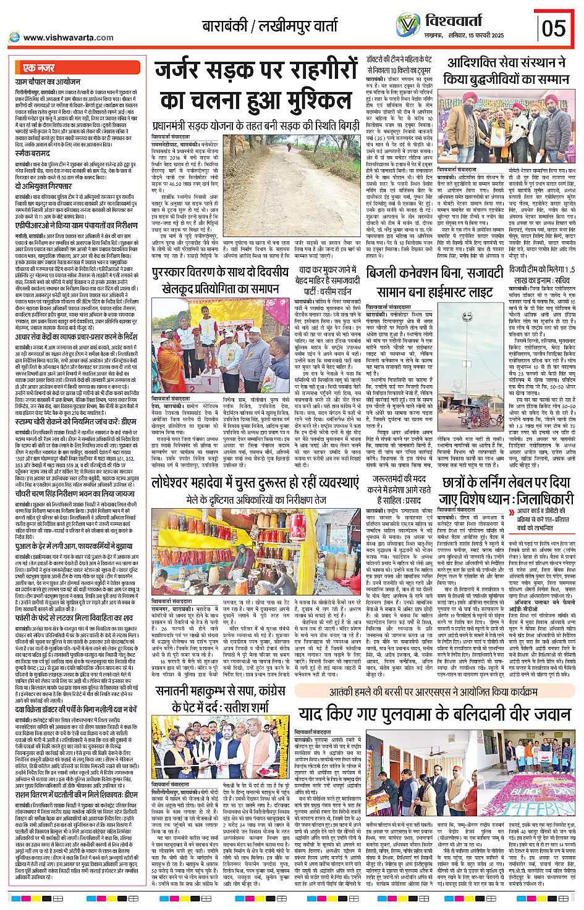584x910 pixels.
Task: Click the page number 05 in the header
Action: coord(554,28)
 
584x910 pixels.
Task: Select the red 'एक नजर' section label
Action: coord(38,68)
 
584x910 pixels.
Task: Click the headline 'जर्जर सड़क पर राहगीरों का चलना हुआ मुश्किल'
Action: coord(253,86)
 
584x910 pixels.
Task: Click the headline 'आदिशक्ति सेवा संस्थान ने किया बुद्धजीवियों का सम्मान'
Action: coord(506,71)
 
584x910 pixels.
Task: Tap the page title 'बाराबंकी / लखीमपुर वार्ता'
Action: coord(270,27)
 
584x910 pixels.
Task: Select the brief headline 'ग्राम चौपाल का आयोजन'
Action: coord(48,81)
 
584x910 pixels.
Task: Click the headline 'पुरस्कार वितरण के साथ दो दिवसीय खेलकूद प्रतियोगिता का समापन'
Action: coord(220,280)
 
